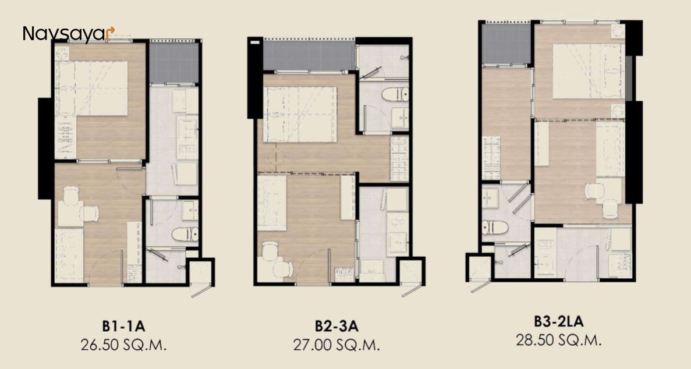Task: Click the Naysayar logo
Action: pos(69,34)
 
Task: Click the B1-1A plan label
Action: pos(123,327)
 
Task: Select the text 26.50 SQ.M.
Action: pos(123,345)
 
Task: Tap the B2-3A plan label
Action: pos(336,327)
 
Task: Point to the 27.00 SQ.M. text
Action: pos(336,345)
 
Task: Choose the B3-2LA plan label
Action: pos(559,322)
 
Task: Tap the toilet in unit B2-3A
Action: pos(395,94)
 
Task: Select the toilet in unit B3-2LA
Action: pos(495,228)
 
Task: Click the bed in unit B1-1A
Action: pos(91,88)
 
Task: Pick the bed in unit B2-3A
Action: pos(300,114)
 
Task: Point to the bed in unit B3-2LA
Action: pos(589,71)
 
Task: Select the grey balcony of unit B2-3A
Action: pos(309,55)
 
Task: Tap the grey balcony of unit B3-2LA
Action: pos(506,44)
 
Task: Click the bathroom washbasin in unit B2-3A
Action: pos(400,118)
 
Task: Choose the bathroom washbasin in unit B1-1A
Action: pos(190,211)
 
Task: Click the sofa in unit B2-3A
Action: pos(271,203)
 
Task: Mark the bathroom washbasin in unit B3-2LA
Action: pos(490,198)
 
